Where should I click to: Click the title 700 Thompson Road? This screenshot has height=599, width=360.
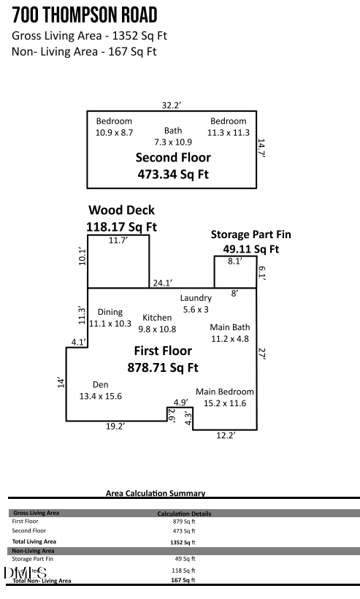pyautogui.click(x=85, y=15)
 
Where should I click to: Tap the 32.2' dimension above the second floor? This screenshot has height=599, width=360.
pyautogui.click(x=171, y=105)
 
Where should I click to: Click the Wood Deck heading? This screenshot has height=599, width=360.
pyautogui.click(x=121, y=210)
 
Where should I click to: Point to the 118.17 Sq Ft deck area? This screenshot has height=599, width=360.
pyautogui.click(x=121, y=226)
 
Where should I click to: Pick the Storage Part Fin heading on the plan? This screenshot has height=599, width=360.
pyautogui.click(x=250, y=234)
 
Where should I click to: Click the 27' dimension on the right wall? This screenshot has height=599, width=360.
pyautogui.click(x=262, y=353)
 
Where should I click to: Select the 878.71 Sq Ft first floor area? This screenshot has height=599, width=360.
pyautogui.click(x=163, y=367)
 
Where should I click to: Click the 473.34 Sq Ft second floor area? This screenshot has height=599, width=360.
pyautogui.click(x=173, y=174)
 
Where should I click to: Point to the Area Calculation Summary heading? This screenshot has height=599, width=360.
pyautogui.click(x=156, y=494)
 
